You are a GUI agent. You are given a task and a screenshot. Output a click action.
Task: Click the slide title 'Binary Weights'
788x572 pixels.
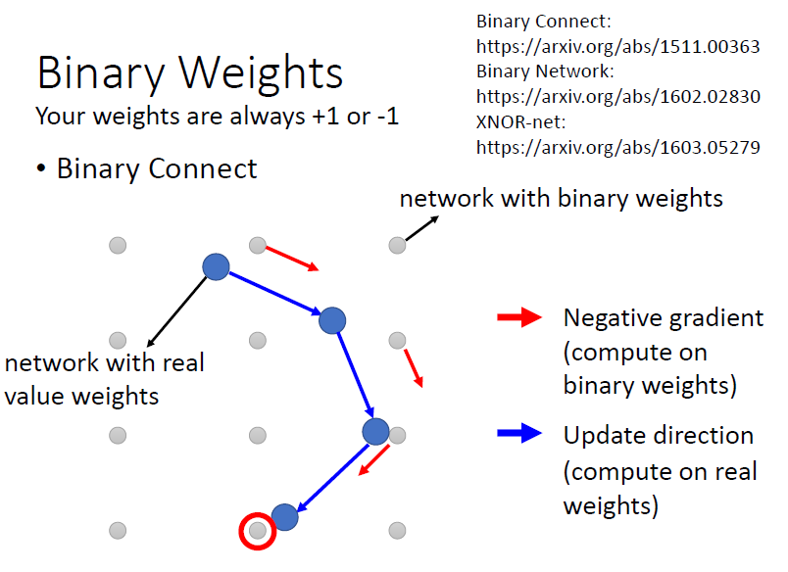tap(190, 73)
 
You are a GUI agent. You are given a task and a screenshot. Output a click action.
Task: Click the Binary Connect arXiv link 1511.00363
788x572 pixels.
tap(617, 46)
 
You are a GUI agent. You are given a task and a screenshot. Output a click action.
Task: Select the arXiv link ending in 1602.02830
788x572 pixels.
tap(617, 97)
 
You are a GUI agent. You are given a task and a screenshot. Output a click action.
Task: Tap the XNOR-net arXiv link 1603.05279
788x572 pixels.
tap(617, 148)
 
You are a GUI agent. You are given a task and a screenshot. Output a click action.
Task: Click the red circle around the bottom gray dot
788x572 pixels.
tap(257, 531)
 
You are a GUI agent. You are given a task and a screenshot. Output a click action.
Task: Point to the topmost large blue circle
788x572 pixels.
tap(216, 265)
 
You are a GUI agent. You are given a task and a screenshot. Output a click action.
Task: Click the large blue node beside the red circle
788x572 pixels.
tap(285, 516)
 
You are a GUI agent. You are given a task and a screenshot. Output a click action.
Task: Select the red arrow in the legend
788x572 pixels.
tap(520, 317)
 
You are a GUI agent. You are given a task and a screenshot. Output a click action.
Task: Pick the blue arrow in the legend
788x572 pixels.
tap(520, 434)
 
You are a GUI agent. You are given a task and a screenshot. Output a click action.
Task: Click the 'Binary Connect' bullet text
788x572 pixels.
tap(157, 168)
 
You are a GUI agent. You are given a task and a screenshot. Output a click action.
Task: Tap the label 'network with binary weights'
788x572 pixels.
tap(561, 199)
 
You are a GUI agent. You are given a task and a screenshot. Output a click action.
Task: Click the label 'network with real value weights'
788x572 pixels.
tap(104, 379)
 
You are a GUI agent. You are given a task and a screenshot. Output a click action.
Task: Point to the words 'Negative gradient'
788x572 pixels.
tap(663, 317)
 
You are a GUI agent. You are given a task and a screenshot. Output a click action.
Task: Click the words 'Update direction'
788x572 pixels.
tap(658, 435)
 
